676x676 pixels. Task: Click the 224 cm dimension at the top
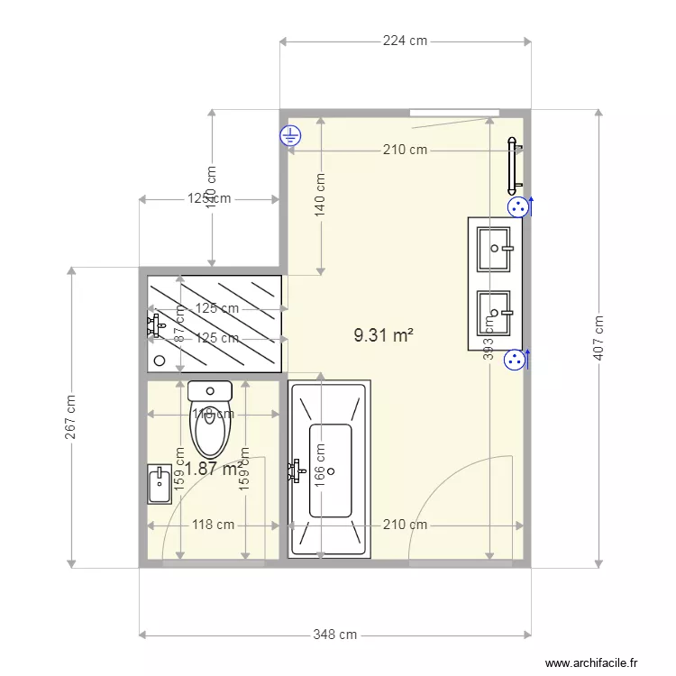pos(405,41)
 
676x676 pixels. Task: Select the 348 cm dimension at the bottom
pos(334,635)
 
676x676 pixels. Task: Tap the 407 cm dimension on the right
pos(598,338)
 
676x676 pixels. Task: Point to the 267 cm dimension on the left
pos(70,417)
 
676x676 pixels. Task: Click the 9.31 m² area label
pos(383,335)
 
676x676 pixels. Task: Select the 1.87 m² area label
pos(213,468)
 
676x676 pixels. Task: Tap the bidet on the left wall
pos(158,484)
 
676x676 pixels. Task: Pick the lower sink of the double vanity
pos(494,311)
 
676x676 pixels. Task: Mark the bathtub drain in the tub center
pos(331,470)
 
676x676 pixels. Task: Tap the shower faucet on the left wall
pos(155,324)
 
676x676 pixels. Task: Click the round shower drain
pos(160,360)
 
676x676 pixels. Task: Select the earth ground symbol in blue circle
pos(290,137)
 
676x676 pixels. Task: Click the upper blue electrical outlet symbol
pos(517,207)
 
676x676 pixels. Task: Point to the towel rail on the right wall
pos(513,167)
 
